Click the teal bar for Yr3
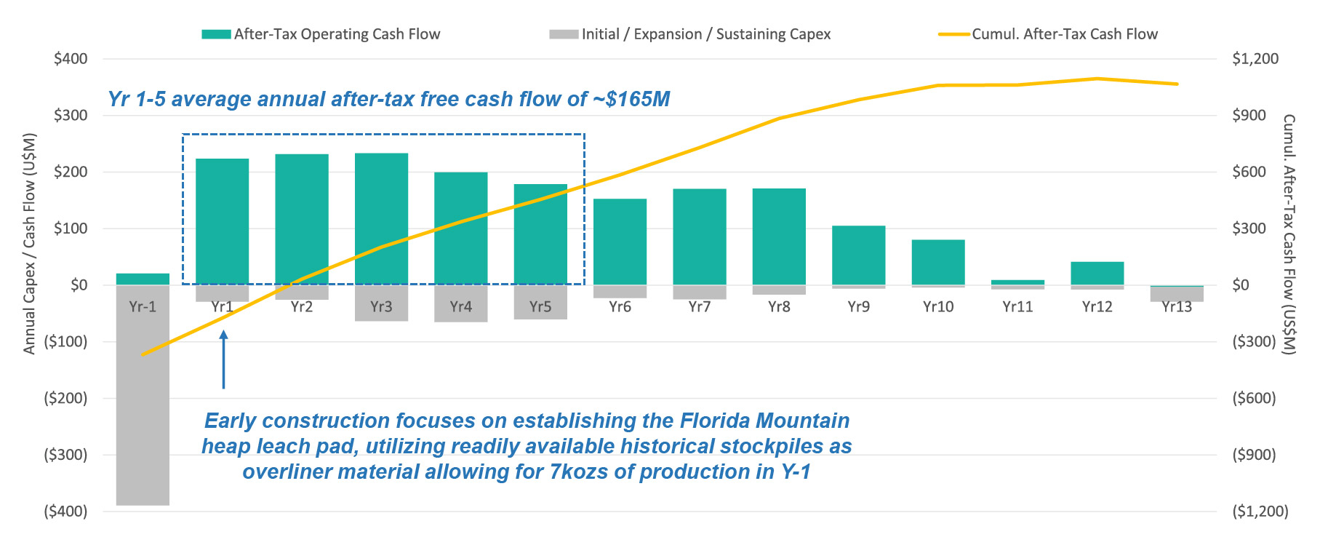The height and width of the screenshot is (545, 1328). [381, 218]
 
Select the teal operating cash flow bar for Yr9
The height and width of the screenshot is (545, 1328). [858, 255]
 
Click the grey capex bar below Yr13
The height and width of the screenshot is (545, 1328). [1176, 294]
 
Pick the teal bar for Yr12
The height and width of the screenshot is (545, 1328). [1097, 273]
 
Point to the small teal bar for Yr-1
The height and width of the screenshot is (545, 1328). [143, 279]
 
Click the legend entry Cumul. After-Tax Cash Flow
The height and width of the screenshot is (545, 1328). [1064, 34]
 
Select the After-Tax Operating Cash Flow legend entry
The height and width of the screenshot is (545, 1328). [337, 34]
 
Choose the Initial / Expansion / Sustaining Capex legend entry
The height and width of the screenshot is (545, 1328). [705, 34]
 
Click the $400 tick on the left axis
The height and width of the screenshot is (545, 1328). [71, 59]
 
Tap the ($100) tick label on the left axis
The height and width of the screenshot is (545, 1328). [65, 341]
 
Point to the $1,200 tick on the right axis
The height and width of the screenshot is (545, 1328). [1255, 59]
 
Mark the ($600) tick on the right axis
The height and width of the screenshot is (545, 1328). [1254, 398]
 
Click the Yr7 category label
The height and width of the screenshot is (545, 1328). [699, 307]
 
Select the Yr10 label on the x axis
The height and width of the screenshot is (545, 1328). [937, 307]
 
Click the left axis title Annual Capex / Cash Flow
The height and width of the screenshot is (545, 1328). [29, 244]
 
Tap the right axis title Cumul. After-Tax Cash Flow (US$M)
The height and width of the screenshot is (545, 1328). [1289, 234]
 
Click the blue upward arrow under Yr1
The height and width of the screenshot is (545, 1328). [223, 359]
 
